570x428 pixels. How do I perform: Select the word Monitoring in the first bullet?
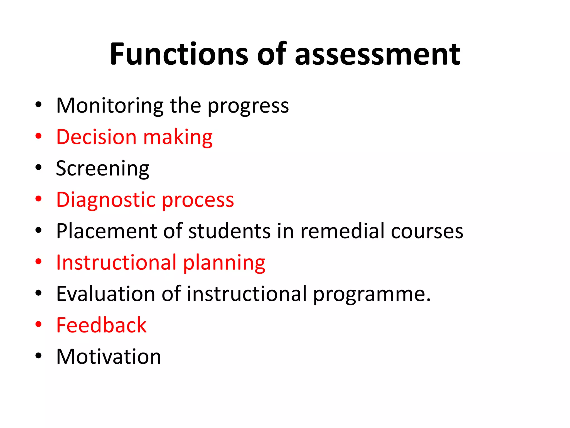(110, 106)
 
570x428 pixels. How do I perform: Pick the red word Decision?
(96, 137)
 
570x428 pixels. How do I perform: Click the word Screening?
(102, 169)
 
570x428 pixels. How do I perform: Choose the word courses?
(427, 232)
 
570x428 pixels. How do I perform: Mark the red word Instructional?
(116, 263)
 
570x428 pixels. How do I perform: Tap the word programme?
(372, 295)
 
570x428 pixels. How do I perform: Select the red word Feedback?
(101, 325)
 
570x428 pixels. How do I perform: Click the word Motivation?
(109, 357)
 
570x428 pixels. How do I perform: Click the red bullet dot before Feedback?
(38, 324)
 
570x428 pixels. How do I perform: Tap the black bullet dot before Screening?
(38, 167)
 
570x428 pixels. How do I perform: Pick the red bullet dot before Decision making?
(38, 136)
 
